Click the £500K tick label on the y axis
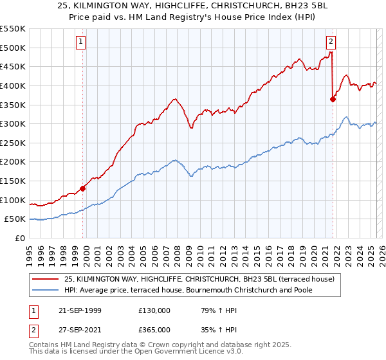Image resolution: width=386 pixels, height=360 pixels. (x=13, y=48)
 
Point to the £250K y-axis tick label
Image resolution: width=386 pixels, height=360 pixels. (x=13, y=143)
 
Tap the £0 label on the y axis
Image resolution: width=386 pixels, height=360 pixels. (x=20, y=238)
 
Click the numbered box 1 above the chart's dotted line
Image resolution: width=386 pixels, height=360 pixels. (x=82, y=42)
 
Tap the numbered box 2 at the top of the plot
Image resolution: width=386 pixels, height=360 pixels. (x=331, y=42)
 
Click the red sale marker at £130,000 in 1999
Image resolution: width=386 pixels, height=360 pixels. (x=83, y=188)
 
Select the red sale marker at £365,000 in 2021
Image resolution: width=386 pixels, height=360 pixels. (x=333, y=99)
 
